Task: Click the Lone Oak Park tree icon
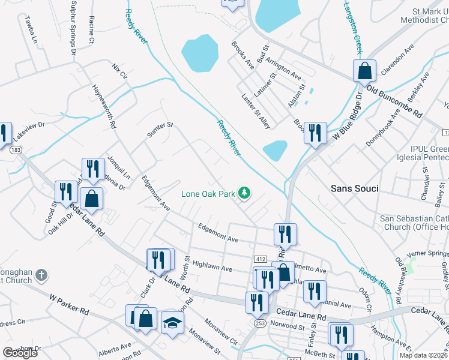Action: point(244,193)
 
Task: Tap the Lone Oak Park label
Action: point(209,194)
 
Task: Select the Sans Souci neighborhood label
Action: point(355,188)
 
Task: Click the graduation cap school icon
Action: point(173,322)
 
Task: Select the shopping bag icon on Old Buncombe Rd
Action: point(364,71)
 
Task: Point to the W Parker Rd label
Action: point(69,304)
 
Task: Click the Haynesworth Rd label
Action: point(103,106)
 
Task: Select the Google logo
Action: point(20,353)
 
